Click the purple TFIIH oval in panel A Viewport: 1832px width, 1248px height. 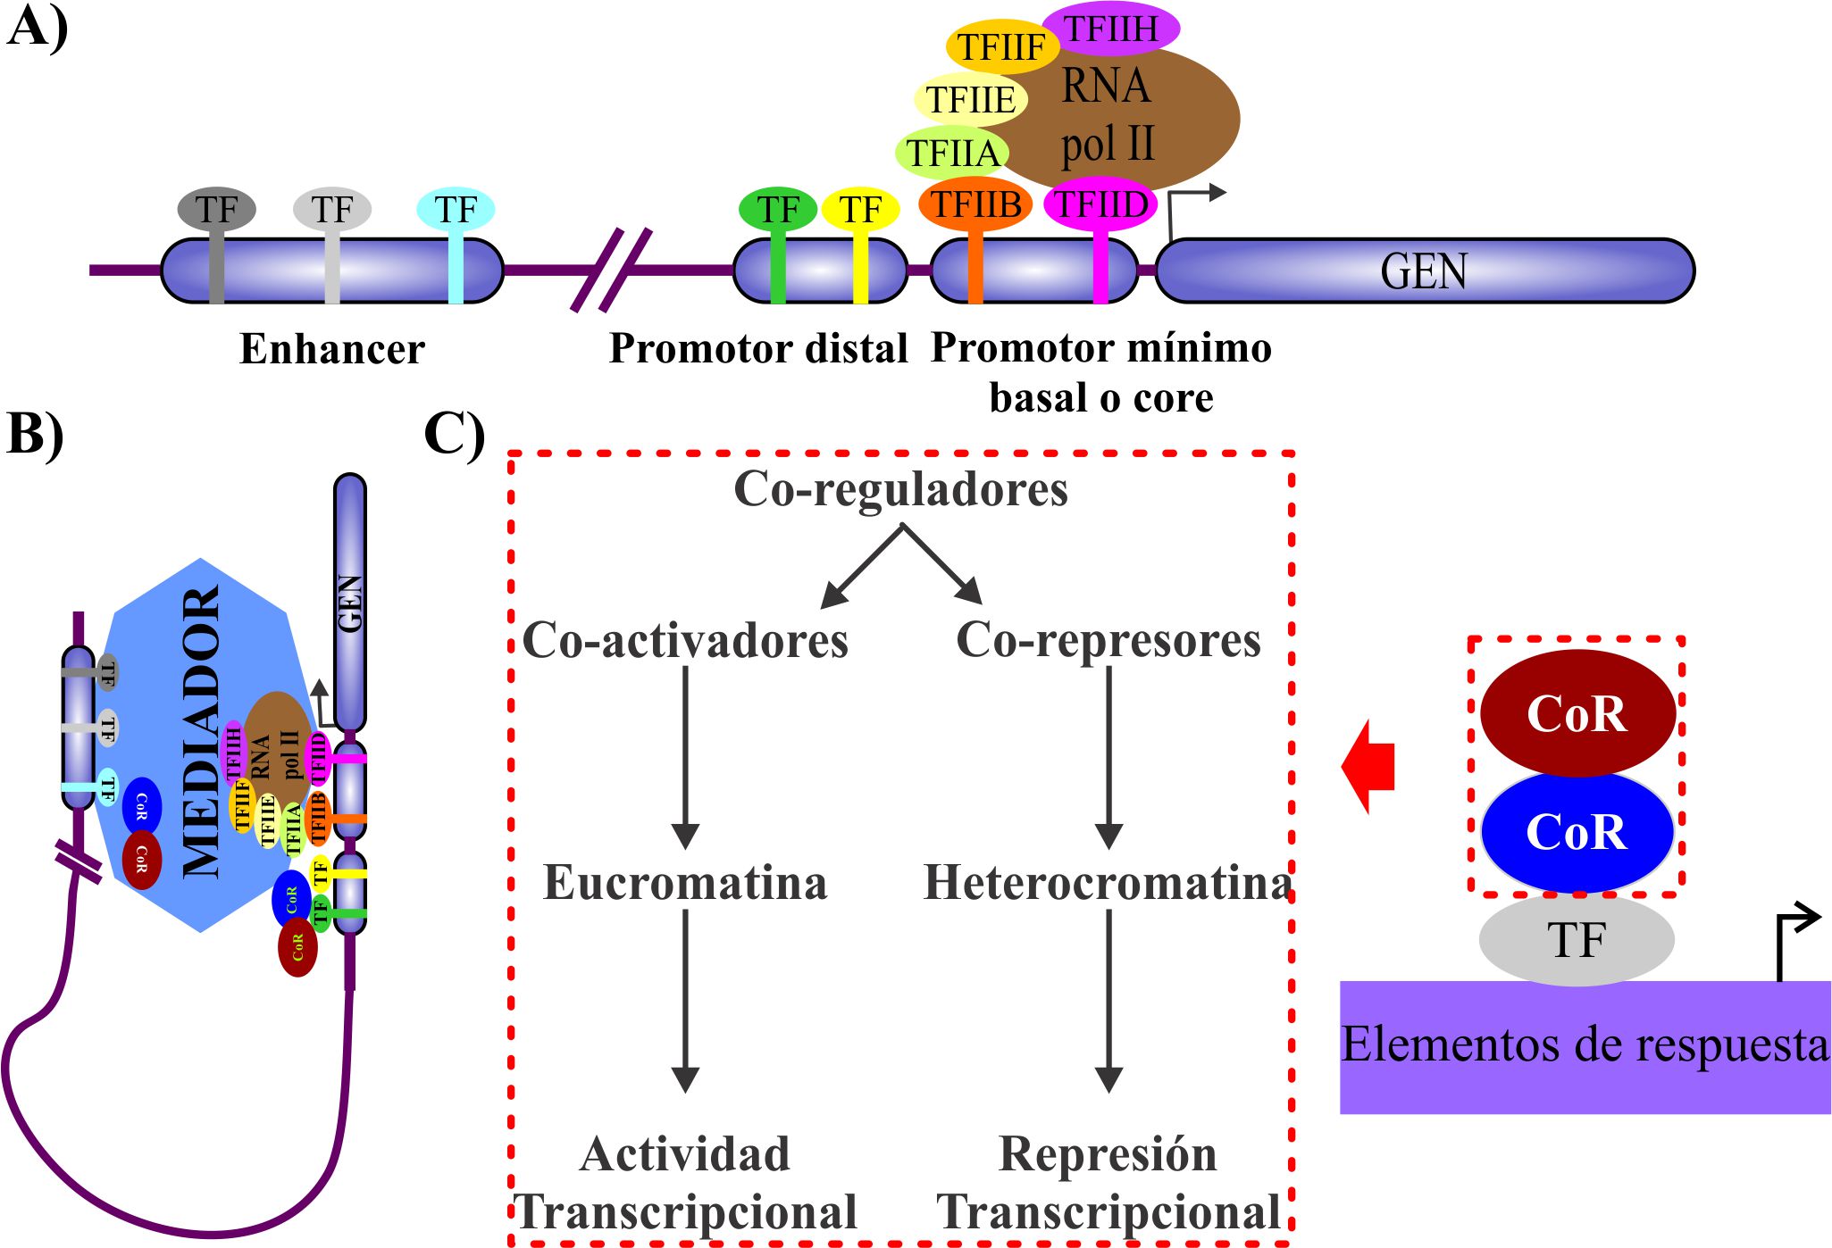pyautogui.click(x=1110, y=29)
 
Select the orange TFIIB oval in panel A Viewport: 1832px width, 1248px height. pyautogui.click(x=975, y=204)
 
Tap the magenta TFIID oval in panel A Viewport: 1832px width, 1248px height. pyautogui.click(x=1100, y=204)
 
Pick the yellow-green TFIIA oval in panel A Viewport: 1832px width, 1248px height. pyautogui.click(x=952, y=153)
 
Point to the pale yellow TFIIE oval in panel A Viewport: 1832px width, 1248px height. pyautogui.click(x=970, y=99)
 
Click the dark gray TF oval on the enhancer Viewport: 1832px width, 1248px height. pyautogui.click(x=216, y=209)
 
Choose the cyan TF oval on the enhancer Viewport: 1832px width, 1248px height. pyautogui.click(x=456, y=209)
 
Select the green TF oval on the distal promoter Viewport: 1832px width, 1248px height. pyautogui.click(x=777, y=210)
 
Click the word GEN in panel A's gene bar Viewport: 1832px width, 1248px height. pyautogui.click(x=1424, y=271)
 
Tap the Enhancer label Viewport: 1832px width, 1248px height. pyautogui.click(x=332, y=349)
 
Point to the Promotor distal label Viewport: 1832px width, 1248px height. pyautogui.click(x=758, y=348)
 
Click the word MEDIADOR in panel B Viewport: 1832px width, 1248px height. pyautogui.click(x=201, y=732)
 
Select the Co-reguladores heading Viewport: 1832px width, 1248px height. pyautogui.click(x=900, y=489)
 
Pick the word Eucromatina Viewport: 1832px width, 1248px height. pyautogui.click(x=685, y=883)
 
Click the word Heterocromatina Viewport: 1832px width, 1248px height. pyautogui.click(x=1108, y=883)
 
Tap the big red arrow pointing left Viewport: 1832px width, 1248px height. pyautogui.click(x=1368, y=766)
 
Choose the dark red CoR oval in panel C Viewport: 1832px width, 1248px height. pyautogui.click(x=1577, y=712)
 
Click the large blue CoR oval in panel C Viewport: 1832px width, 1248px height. pyautogui.click(x=1577, y=832)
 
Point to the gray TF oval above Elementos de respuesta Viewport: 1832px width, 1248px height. pyautogui.click(x=1577, y=940)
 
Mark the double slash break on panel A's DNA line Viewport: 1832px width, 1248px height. pyautogui.click(x=611, y=270)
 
